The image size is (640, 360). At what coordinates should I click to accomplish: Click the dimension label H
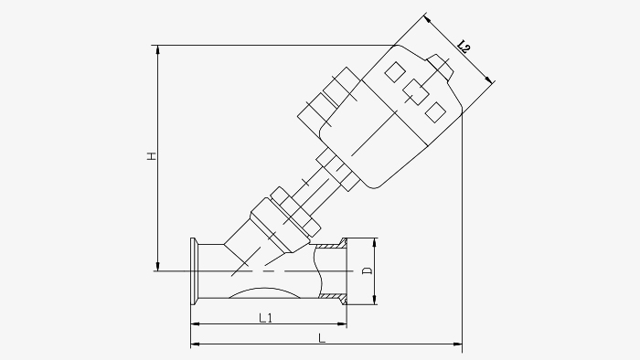(x=152, y=155)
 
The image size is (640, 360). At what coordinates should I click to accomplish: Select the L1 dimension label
(x=266, y=317)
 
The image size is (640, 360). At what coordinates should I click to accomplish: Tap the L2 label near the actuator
(x=464, y=47)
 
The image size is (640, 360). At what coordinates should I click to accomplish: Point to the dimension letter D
(x=368, y=270)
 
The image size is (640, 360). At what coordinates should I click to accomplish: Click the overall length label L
(x=322, y=338)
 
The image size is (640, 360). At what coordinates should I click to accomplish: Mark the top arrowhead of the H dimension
(x=158, y=49)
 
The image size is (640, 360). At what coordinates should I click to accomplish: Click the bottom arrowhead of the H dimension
(x=158, y=267)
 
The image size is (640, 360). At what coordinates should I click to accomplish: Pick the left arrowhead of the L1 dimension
(x=195, y=324)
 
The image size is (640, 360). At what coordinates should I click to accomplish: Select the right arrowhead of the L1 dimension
(x=342, y=324)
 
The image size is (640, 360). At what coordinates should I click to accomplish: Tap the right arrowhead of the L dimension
(x=457, y=344)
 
